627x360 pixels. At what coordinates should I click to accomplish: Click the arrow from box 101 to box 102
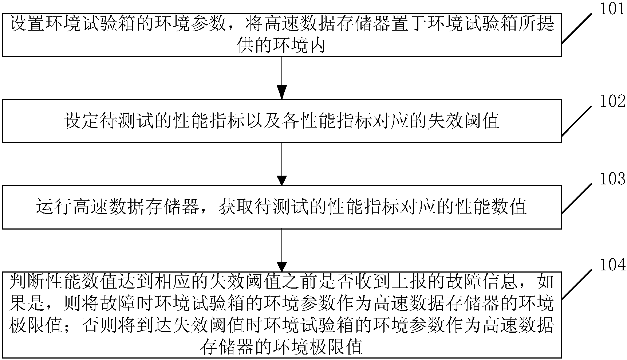(282, 78)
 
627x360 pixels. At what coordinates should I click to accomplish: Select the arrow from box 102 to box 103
(282, 164)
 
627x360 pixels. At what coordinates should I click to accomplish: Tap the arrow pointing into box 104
(282, 250)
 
